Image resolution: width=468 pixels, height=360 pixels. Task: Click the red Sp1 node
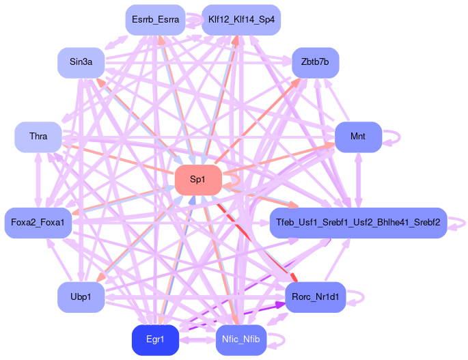(197, 180)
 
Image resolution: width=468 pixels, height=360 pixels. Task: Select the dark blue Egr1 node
(155, 340)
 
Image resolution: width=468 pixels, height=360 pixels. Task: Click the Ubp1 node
(81, 296)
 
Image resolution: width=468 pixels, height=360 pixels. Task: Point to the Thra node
(38, 137)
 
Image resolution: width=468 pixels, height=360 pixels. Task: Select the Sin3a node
(81, 62)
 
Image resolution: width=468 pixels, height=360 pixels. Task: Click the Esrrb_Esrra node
(155, 20)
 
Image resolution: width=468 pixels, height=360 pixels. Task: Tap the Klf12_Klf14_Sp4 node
(241, 20)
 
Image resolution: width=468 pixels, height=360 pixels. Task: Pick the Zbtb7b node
(315, 62)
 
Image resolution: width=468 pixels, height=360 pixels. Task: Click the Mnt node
(357, 137)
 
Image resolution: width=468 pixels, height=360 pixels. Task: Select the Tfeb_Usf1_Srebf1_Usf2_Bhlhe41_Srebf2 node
(357, 223)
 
